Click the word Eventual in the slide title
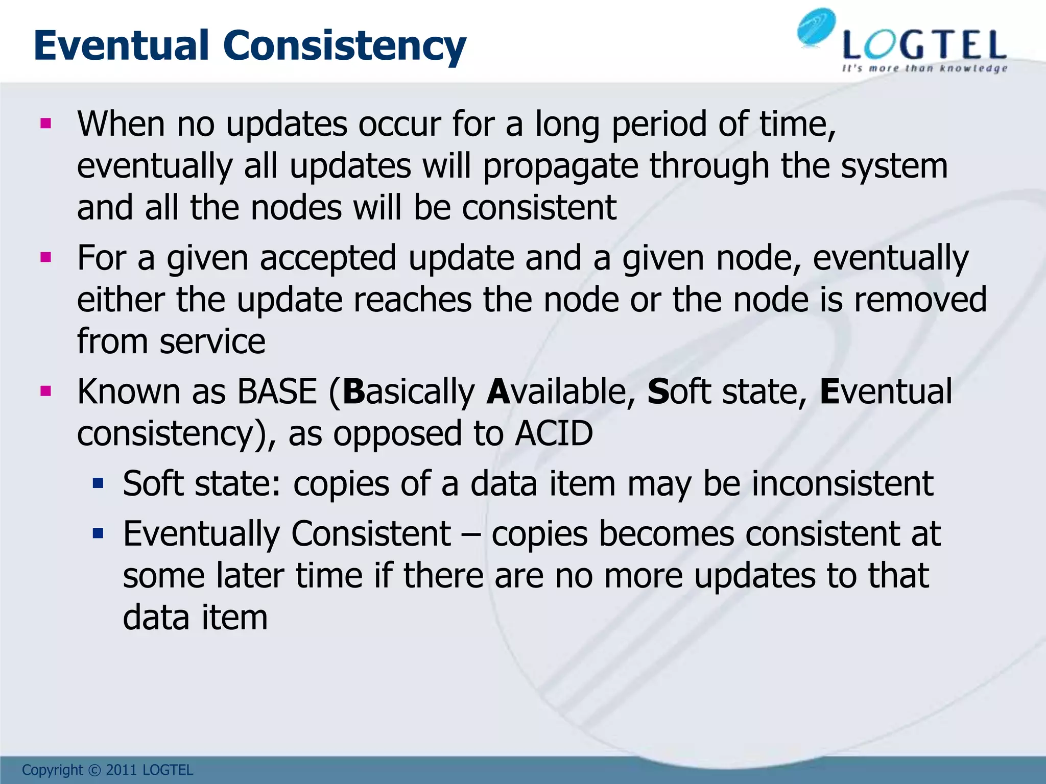pyautogui.click(x=122, y=46)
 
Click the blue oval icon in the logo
pyautogui.click(x=816, y=28)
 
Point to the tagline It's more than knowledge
pyautogui.click(x=924, y=68)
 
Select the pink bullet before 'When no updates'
pyautogui.click(x=46, y=123)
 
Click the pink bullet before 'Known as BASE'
pyautogui.click(x=46, y=391)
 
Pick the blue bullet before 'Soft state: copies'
pyautogui.click(x=98, y=483)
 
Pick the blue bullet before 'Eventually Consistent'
pyautogui.click(x=98, y=534)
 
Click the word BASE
pyautogui.click(x=277, y=392)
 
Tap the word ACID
pyautogui.click(x=554, y=434)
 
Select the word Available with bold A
pyautogui.click(x=560, y=392)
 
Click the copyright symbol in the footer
pyautogui.click(x=94, y=770)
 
